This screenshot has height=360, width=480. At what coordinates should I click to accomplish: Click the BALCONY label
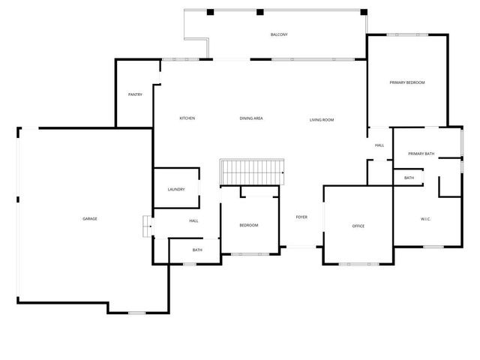click(279, 34)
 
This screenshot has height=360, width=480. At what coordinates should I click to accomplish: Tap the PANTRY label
click(135, 94)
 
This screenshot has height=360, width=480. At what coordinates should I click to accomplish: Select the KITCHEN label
click(187, 118)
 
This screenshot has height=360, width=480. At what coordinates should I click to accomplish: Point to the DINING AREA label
click(251, 118)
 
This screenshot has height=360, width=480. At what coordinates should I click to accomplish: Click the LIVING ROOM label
click(322, 120)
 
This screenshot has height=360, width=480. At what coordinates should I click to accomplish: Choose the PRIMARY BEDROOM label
click(407, 82)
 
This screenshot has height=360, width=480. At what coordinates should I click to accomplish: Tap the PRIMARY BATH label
click(421, 154)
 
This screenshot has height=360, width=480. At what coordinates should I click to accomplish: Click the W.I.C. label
click(425, 219)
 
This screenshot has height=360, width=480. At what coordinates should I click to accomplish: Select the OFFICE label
click(358, 226)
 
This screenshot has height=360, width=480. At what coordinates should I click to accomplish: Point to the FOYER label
click(301, 217)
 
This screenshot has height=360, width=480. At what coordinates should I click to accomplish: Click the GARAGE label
click(90, 218)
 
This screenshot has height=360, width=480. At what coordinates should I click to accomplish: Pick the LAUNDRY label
click(176, 190)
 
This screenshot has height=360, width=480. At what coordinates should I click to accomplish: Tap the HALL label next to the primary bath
click(379, 145)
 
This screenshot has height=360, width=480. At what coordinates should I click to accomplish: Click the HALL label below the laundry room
click(193, 220)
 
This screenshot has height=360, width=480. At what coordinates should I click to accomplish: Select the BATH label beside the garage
click(197, 250)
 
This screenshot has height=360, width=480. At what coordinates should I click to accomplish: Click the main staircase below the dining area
click(252, 172)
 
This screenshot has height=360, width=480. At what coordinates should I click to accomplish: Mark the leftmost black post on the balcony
click(210, 12)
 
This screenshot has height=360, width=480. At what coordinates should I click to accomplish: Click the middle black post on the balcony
click(260, 12)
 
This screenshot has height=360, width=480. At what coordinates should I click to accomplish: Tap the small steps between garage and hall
click(148, 226)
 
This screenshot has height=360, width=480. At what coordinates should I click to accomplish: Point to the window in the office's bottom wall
click(358, 264)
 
